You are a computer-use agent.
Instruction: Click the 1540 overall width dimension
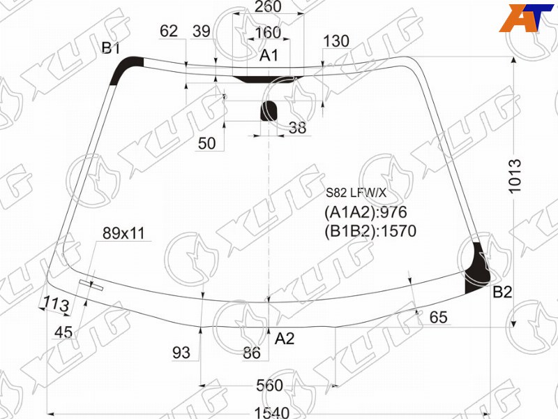pos(271,413)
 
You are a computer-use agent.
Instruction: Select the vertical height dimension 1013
pos(515,177)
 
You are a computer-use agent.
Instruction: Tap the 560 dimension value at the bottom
pos(269,385)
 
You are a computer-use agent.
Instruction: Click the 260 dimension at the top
pos(269,6)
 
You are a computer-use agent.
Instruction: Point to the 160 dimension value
pos(268,33)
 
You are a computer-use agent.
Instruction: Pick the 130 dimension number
pos(336,41)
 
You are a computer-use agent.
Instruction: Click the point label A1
pos(269,56)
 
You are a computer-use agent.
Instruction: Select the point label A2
pos(285,338)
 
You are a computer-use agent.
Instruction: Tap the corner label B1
pos(111,47)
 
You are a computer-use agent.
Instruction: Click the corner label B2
pos(502,292)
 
